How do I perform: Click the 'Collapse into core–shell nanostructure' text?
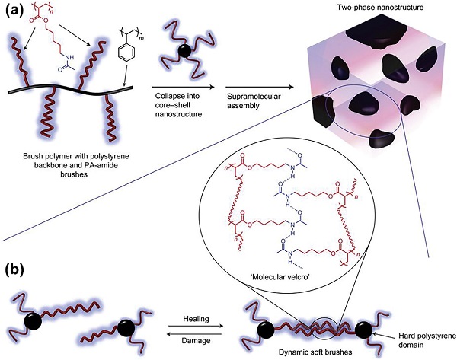click(x=177, y=104)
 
